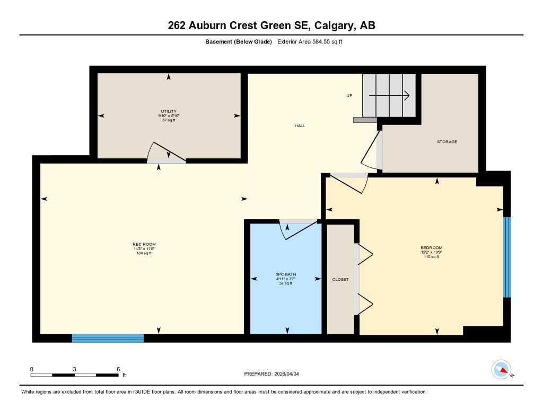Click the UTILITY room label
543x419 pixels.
169,111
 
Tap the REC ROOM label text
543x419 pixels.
144,244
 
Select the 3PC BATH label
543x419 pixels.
285,274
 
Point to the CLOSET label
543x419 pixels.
340,279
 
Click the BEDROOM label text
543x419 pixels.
431,248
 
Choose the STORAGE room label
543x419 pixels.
446,142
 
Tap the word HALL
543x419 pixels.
300,126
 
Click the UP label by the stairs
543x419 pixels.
349,96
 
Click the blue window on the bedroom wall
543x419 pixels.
507,257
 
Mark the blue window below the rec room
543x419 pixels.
108,338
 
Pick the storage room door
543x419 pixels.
372,151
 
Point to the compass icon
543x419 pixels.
501,369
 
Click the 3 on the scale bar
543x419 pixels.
75,369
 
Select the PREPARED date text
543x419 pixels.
275,374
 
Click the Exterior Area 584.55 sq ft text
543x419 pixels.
310,42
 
